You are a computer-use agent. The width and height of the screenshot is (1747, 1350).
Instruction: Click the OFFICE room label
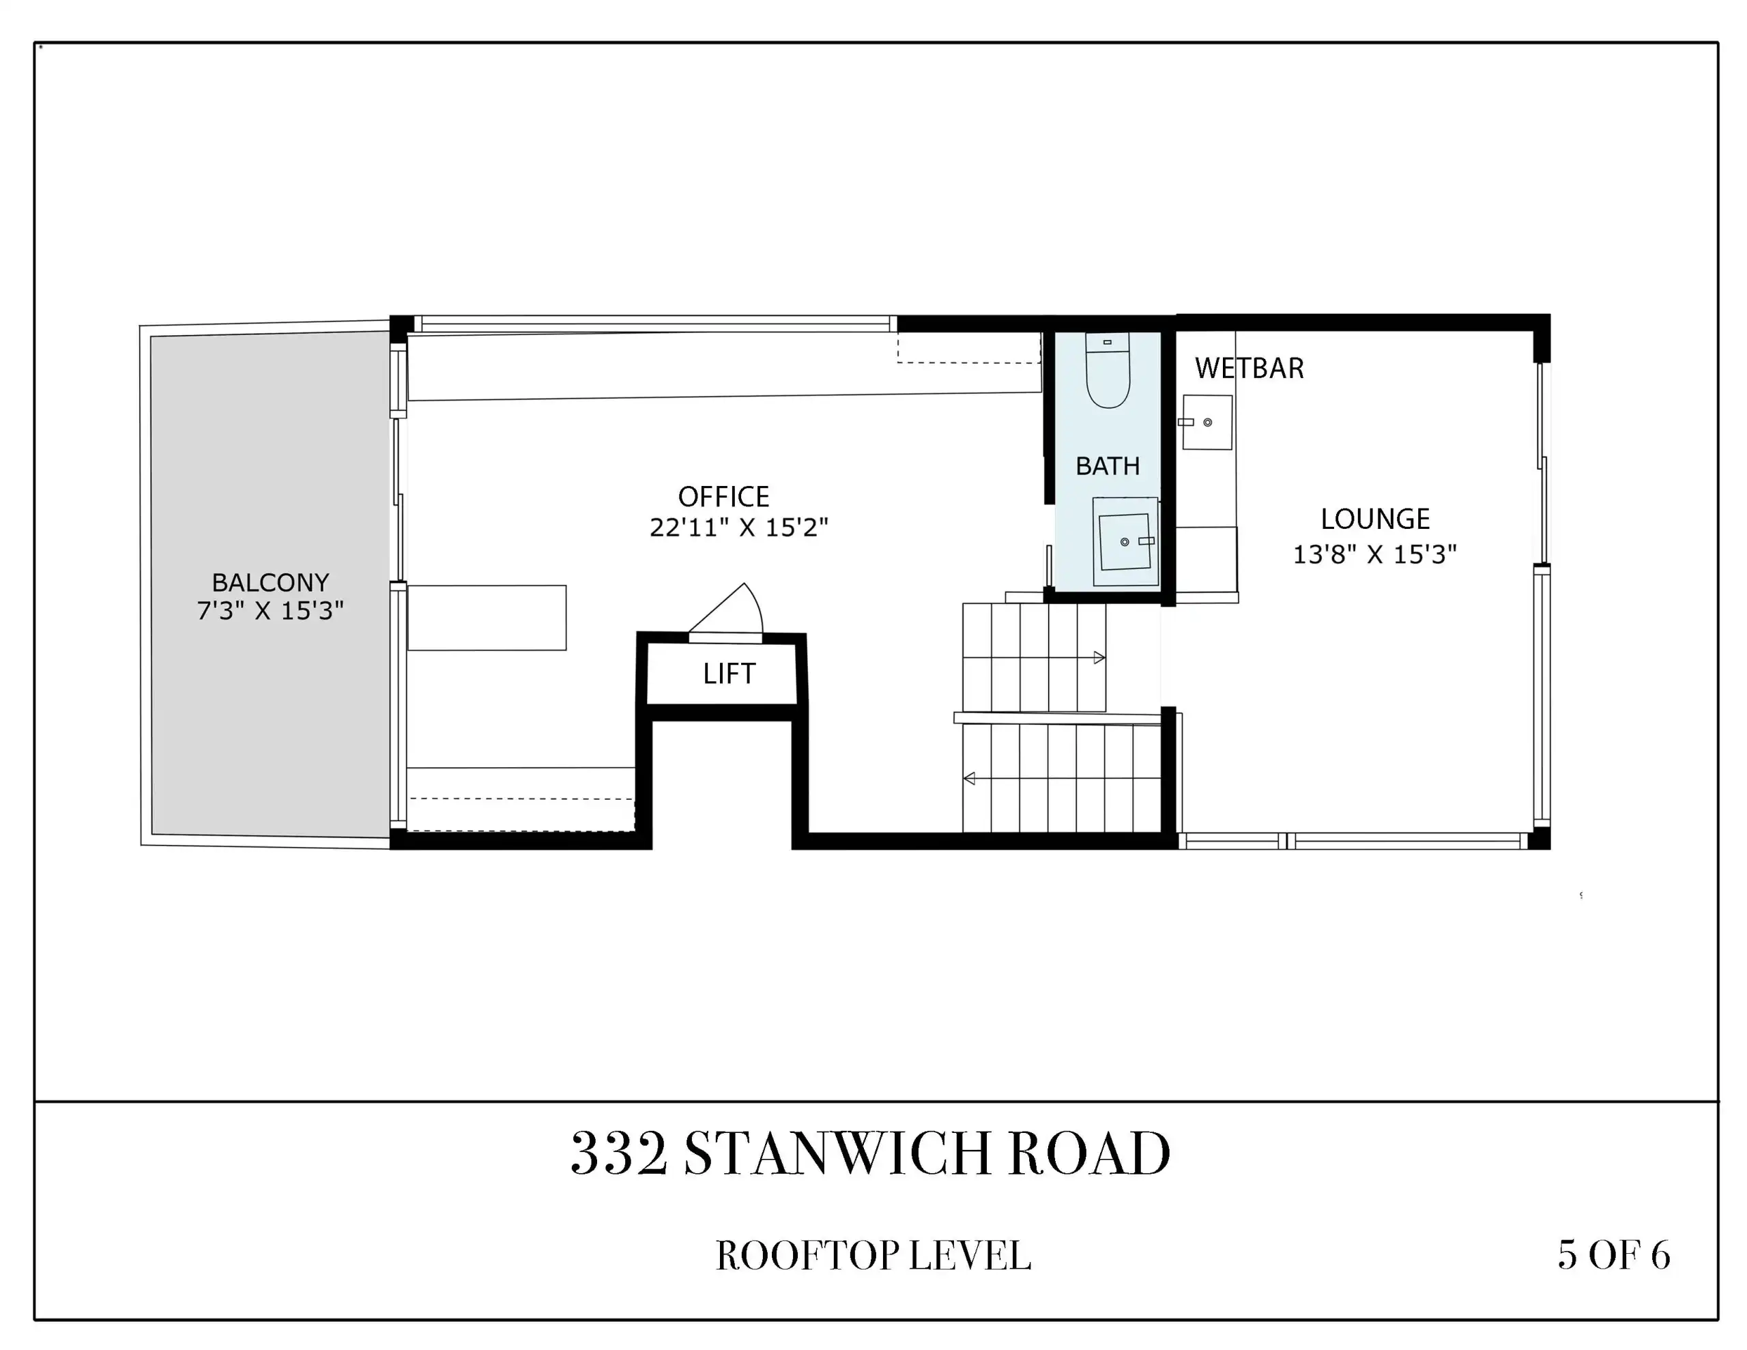tap(724, 497)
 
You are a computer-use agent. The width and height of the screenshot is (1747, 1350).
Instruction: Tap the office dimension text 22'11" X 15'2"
tap(738, 528)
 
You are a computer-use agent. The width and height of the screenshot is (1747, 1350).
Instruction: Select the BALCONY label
tap(270, 581)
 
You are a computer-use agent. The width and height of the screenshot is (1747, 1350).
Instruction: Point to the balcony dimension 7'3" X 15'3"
tap(270, 611)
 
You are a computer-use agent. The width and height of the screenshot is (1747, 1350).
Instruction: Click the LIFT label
tap(729, 674)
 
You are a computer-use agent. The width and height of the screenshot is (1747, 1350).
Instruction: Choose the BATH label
tap(1108, 465)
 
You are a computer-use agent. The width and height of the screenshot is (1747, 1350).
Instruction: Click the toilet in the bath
tap(1108, 370)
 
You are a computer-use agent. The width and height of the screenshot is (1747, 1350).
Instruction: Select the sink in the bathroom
tap(1125, 542)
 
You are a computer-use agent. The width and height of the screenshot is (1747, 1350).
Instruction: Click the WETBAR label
tap(1250, 368)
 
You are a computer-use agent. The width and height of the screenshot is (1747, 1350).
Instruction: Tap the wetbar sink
tap(1207, 422)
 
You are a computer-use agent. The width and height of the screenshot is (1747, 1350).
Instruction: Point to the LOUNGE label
tap(1375, 519)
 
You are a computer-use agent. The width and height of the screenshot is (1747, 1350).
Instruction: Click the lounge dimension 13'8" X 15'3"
tap(1375, 554)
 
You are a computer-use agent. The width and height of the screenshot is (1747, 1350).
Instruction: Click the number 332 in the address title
tap(619, 1154)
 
